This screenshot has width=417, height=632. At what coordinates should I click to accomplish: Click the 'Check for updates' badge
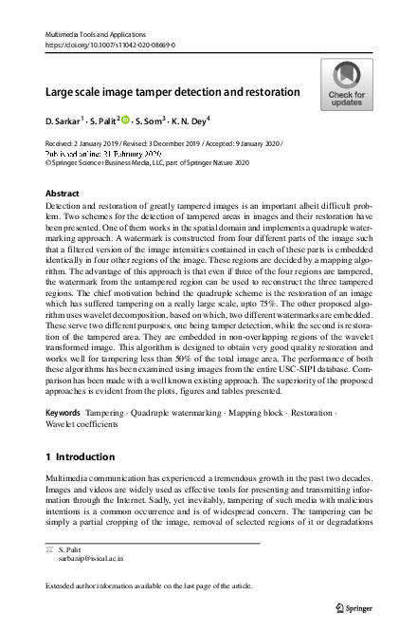pos(346,85)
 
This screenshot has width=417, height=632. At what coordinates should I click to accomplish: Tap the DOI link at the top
pos(110,44)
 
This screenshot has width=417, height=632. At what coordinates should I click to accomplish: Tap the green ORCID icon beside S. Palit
pos(124,121)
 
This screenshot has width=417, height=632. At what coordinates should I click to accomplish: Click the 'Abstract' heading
pos(63,192)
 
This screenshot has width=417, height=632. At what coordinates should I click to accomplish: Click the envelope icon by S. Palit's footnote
pos(50,550)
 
